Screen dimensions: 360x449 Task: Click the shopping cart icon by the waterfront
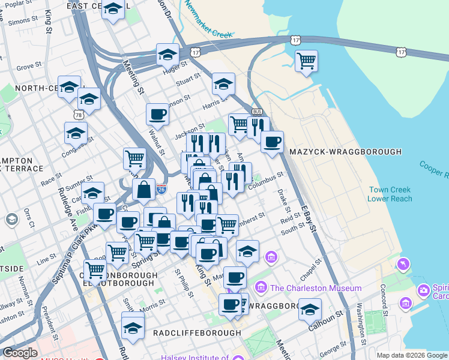point(306,61)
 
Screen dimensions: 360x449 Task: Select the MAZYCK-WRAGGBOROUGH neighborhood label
point(345,152)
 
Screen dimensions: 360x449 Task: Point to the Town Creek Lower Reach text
point(390,194)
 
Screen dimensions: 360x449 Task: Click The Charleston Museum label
point(316,288)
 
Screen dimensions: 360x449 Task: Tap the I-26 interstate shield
point(161,189)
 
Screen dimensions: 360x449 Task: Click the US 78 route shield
point(79,115)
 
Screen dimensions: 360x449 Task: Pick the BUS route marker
point(258,112)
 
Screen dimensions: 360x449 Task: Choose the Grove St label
point(28,67)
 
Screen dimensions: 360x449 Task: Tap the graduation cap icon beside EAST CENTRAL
point(113,9)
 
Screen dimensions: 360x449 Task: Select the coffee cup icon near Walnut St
point(157,113)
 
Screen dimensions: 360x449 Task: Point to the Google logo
point(20,353)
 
